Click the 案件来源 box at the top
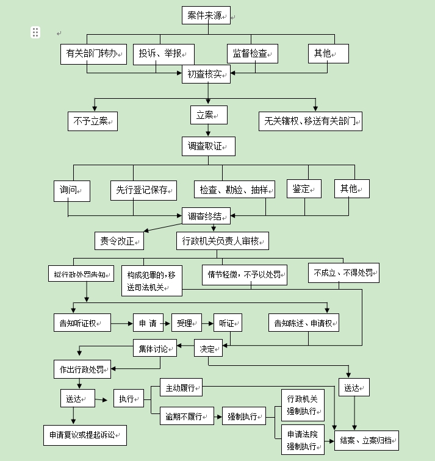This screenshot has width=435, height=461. click(206, 15)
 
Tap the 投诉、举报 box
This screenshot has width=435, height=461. click(164, 54)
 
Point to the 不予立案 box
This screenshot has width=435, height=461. click(92, 121)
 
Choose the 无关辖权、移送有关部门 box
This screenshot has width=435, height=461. click(311, 121)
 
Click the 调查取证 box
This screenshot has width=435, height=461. click(207, 146)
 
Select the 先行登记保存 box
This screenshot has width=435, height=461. click(143, 190)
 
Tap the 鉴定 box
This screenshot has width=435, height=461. click(304, 188)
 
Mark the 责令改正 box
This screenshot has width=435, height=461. click(119, 241)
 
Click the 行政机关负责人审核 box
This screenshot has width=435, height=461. click(223, 241)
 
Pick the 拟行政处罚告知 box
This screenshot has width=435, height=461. click(81, 274)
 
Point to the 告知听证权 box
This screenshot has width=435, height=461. click(82, 322)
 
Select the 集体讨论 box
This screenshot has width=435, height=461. click(155, 348)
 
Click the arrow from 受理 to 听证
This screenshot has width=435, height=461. click(206, 322)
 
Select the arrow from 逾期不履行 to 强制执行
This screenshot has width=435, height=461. click(217, 418)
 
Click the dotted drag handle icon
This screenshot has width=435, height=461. click(36, 32)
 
